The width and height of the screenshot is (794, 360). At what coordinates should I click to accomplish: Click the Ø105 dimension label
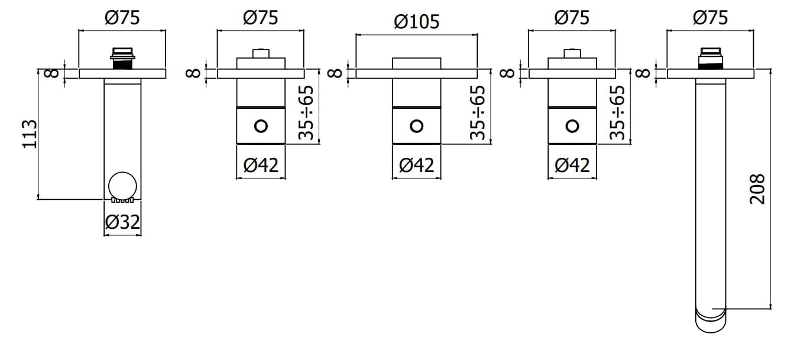point(416,22)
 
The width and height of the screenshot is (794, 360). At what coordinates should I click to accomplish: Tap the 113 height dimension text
point(30,134)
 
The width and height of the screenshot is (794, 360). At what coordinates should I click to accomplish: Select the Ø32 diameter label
point(122,222)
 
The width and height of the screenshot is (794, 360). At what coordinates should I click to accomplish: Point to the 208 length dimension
point(757,189)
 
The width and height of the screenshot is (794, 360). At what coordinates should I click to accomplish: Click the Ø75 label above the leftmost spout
point(122,18)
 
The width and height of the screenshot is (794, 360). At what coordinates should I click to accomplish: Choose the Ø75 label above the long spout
point(711,18)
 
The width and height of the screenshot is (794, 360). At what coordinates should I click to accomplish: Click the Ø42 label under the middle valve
point(416,165)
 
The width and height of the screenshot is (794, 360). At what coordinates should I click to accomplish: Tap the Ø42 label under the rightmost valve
point(572,165)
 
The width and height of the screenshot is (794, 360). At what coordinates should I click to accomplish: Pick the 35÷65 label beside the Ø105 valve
point(478,112)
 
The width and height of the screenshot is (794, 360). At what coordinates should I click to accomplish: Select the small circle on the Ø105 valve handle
point(416,126)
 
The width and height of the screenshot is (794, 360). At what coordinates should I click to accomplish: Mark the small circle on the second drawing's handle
point(261,126)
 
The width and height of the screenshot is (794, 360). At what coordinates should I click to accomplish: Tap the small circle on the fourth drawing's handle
point(572,126)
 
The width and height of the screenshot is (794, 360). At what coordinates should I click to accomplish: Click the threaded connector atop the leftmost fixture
point(122,58)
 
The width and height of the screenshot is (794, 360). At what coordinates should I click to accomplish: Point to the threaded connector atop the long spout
point(711,59)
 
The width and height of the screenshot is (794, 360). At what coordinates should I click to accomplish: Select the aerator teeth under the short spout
point(122,200)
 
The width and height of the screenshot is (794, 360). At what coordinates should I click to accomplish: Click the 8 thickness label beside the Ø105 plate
point(335,73)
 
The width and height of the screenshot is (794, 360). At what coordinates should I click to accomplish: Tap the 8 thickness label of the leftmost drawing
point(52,73)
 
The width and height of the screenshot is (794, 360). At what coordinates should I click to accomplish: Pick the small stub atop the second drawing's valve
point(261,54)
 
